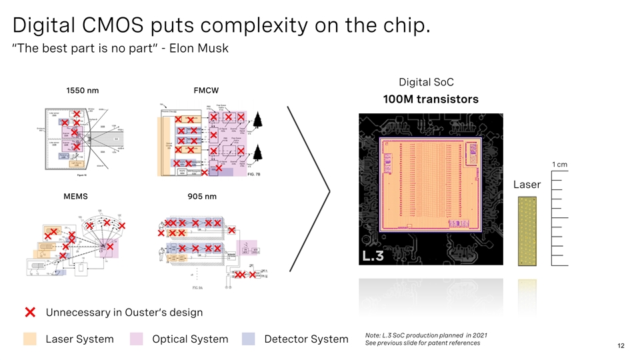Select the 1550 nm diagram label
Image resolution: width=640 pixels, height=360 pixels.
[83, 90]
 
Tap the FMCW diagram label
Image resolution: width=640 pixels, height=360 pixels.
[206, 90]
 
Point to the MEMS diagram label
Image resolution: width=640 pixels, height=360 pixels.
[75, 197]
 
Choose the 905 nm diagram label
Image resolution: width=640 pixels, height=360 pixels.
[202, 197]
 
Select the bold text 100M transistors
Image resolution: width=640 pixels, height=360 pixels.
[430, 99]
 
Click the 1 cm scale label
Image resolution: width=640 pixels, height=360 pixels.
[559, 165]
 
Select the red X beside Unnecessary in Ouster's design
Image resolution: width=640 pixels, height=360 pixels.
[31, 312]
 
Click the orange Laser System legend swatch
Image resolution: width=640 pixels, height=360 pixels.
[30, 339]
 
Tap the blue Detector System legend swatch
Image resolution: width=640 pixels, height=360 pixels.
[249, 339]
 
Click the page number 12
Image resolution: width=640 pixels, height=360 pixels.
[621, 346]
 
